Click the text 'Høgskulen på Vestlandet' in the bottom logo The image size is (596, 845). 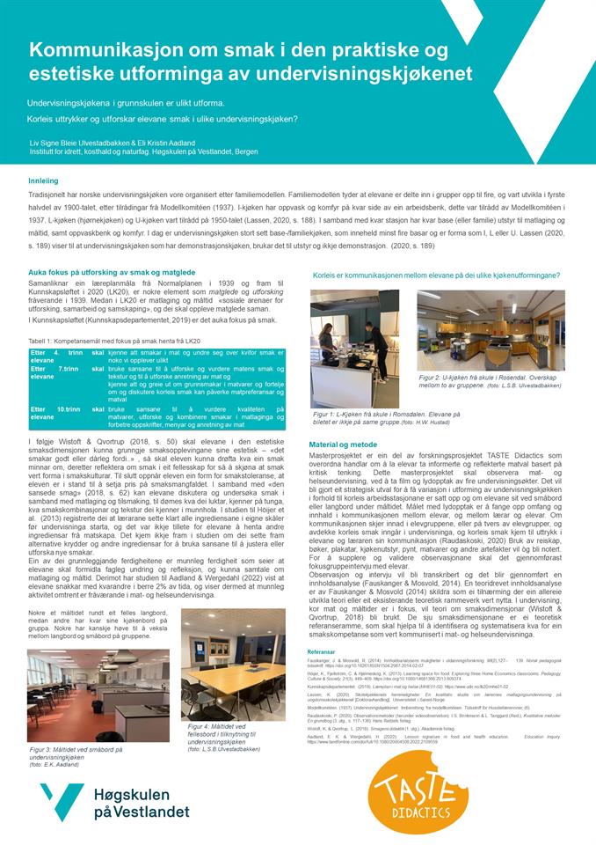click(x=141, y=802)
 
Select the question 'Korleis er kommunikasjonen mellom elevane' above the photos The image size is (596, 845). click(x=436, y=276)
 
